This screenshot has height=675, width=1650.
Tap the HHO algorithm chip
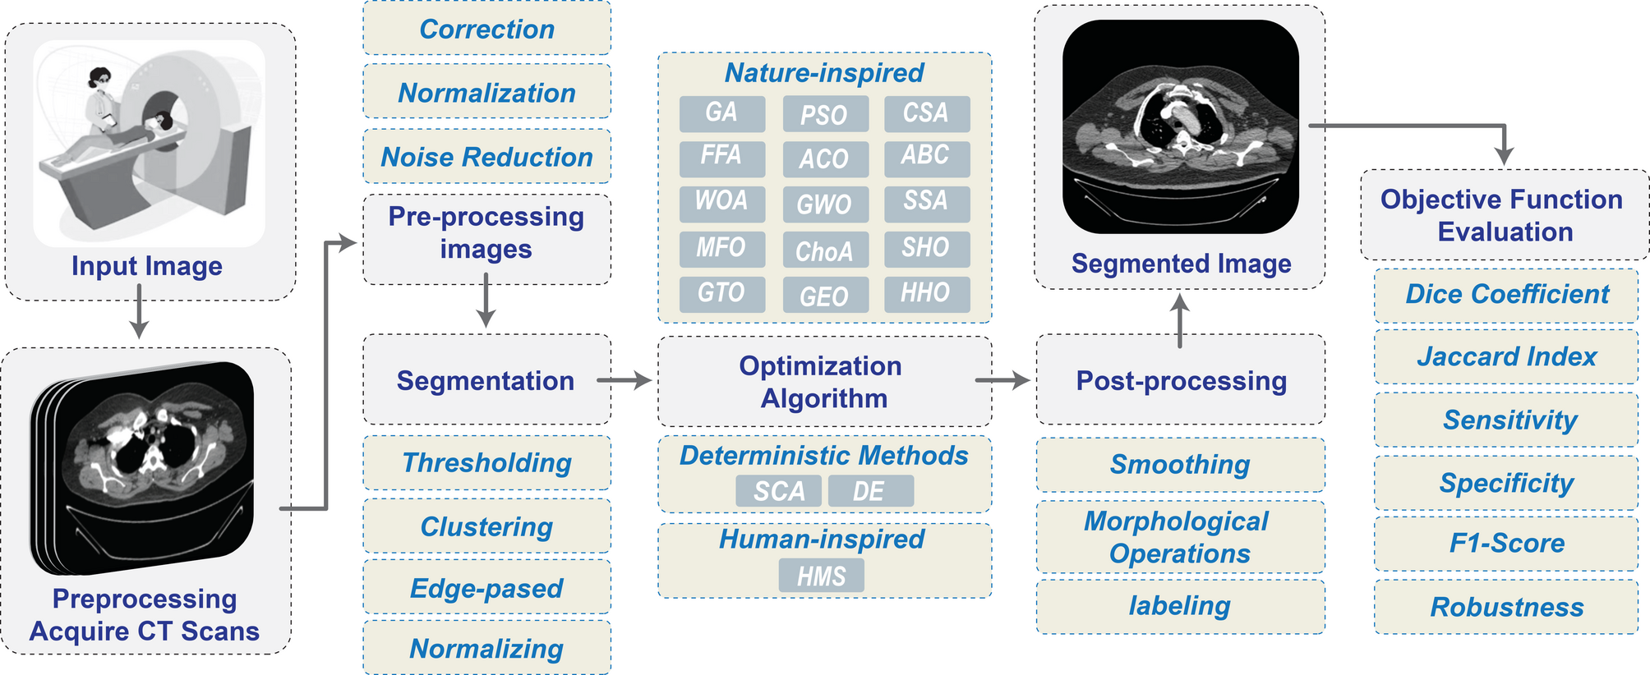[x=926, y=293]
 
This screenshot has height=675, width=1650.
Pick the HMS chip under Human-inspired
[x=821, y=576]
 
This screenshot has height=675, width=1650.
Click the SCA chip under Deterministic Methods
[x=778, y=491]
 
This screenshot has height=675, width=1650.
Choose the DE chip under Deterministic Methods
[x=870, y=491]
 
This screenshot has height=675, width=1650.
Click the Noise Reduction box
[x=486, y=156]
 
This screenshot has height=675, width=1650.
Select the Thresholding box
[x=486, y=463]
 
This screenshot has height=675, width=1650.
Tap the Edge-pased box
[x=486, y=588]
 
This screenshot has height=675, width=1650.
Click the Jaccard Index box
[x=1505, y=356]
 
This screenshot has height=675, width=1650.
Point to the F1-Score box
[x=1505, y=543]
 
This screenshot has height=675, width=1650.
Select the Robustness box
[x=1505, y=607]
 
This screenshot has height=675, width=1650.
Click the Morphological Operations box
[x=1179, y=537]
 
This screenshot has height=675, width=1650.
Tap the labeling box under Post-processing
[x=1179, y=606]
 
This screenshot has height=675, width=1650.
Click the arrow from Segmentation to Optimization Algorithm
[x=625, y=380]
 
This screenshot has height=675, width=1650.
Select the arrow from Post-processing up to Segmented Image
[x=1180, y=320]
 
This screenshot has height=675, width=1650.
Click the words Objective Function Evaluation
[x=1503, y=215]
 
